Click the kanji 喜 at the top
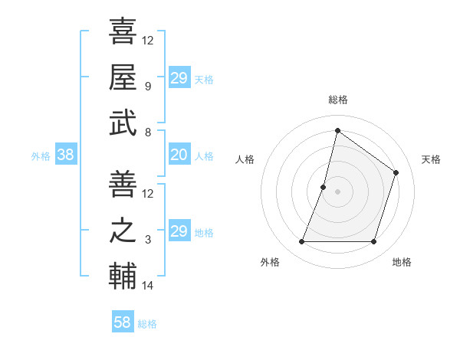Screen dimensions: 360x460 123,31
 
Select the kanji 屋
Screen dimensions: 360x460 123,77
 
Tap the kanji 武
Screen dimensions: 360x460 123,123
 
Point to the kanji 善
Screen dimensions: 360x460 123,185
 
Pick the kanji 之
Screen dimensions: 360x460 123,231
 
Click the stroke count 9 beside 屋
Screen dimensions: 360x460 148,87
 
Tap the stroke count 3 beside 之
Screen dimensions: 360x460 148,241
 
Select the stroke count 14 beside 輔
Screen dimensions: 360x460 148,286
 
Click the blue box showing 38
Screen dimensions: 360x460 65,155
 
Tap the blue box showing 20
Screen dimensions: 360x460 179,155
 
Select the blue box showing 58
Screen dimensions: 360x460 122,322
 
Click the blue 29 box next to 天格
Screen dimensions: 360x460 179,78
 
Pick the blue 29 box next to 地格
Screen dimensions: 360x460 179,231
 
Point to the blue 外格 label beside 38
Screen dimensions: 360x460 41,156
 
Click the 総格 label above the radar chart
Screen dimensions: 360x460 338,100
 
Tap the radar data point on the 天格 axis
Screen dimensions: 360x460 396,172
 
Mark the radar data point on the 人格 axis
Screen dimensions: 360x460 324,187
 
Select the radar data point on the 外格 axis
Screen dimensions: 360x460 301,242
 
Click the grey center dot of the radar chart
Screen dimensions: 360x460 337,191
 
